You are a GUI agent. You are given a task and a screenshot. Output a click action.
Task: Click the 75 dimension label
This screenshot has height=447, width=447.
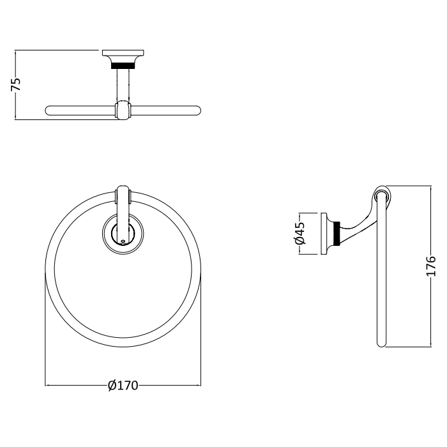click(16, 84)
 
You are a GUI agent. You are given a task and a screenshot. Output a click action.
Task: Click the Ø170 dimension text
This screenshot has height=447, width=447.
click(123, 386)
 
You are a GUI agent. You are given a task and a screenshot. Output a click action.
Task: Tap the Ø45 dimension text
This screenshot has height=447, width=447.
click(300, 233)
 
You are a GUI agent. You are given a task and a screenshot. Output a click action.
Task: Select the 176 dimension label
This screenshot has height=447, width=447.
click(431, 266)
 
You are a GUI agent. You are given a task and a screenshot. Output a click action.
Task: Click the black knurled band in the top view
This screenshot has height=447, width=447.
click(123, 66)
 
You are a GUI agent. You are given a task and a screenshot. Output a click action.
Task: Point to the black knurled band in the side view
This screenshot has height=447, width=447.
click(338, 233)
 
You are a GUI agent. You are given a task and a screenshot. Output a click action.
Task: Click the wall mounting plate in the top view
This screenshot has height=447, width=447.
click(123, 53)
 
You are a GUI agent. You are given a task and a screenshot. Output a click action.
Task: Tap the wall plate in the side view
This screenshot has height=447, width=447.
click(324, 234)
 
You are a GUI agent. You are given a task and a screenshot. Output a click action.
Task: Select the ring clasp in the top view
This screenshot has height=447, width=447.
click(123, 110)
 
